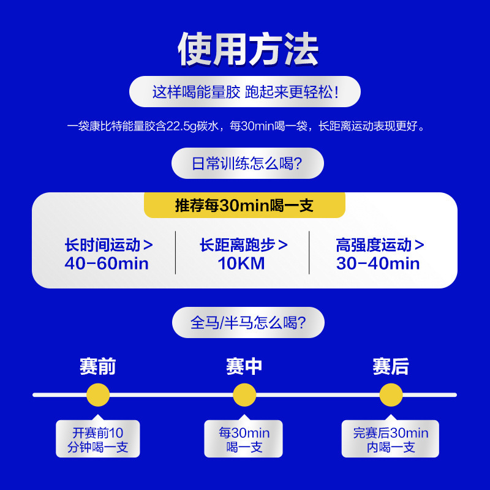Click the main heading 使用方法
tap(248, 49)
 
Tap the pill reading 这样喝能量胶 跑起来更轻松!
tap(245, 92)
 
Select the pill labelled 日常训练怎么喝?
tap(247, 164)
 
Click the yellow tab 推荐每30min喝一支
tap(244, 205)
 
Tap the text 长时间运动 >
tap(108, 245)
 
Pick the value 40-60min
tap(107, 264)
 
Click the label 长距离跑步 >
tap(243, 245)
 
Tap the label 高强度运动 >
tap(380, 245)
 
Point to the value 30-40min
tap(378, 264)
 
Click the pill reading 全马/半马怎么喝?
tap(248, 323)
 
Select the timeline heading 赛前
tap(98, 367)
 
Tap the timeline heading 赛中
tap(244, 367)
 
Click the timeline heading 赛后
tap(391, 367)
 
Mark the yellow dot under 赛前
tap(98, 395)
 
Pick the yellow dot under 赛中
tap(244, 395)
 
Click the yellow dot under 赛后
tap(391, 395)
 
